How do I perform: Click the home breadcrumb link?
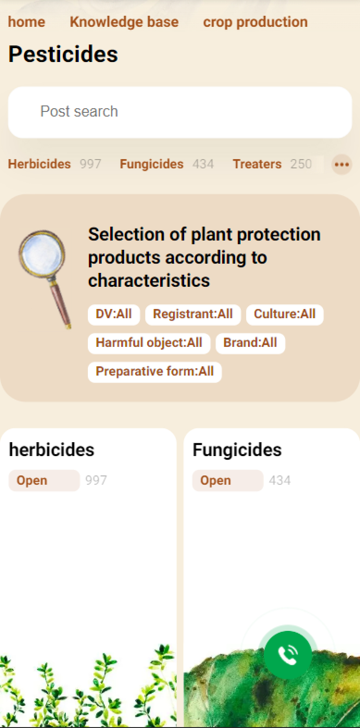(x=26, y=22)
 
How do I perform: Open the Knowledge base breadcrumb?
(x=124, y=22)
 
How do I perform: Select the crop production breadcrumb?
(x=255, y=22)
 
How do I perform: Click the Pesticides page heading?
(x=63, y=54)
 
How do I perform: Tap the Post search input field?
(x=180, y=112)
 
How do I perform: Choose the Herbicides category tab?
(x=39, y=164)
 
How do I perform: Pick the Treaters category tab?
(x=257, y=164)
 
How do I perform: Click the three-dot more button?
(x=342, y=165)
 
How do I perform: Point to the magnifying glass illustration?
(x=45, y=279)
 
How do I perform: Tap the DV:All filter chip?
(x=114, y=315)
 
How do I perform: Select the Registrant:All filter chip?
(x=193, y=315)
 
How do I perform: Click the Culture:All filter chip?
(x=285, y=315)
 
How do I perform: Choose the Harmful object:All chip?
(x=149, y=343)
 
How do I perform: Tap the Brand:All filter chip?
(x=250, y=343)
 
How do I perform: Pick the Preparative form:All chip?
(x=155, y=372)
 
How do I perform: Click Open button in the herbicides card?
(x=44, y=481)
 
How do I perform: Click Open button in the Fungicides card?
(x=228, y=481)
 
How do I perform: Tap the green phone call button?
(x=288, y=654)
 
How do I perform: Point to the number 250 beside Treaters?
(x=301, y=164)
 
